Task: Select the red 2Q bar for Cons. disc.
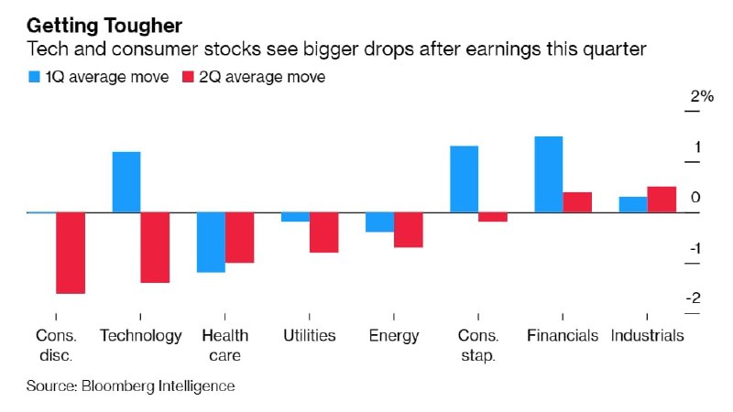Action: (71, 253)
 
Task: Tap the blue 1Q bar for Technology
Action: (126, 182)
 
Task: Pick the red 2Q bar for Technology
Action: (155, 247)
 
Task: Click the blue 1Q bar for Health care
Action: (211, 242)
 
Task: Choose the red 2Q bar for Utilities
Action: (323, 233)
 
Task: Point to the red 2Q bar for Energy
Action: (409, 230)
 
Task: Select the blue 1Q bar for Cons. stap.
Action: (465, 179)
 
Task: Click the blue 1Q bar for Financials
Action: (549, 174)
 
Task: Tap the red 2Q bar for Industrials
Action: (662, 200)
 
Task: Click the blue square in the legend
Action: (34, 78)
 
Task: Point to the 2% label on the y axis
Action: (702, 97)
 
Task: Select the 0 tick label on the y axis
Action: (696, 198)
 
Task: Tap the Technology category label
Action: (141, 336)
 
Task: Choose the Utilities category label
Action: (310, 336)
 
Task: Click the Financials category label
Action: (563, 336)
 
